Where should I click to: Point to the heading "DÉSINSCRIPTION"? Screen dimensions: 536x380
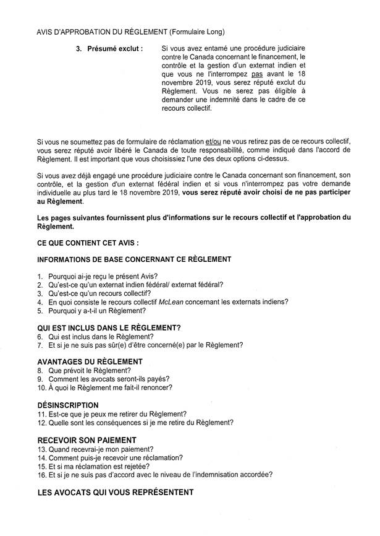68,405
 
